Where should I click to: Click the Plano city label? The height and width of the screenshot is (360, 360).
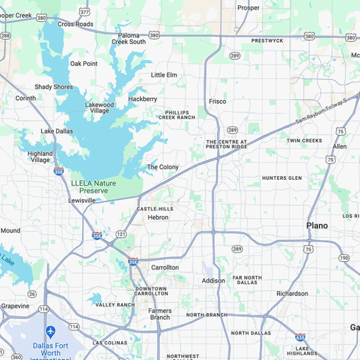[x=317, y=225]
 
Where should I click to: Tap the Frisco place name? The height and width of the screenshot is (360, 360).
[x=217, y=101]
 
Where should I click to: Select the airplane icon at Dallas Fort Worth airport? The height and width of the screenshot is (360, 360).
[x=50, y=332]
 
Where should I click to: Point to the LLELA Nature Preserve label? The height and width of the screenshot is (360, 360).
[x=93, y=187]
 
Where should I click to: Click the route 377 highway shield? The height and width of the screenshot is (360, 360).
[x=85, y=12]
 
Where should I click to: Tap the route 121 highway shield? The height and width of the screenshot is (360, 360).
[x=121, y=234]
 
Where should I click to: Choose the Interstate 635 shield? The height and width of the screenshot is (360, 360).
[x=300, y=338]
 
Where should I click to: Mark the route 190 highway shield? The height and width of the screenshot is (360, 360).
[x=344, y=257]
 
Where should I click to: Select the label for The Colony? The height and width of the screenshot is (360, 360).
[x=162, y=167]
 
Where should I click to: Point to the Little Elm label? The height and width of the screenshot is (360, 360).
[x=164, y=75]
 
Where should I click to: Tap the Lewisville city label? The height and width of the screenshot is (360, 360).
[x=82, y=200]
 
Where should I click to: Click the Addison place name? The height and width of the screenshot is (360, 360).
[x=213, y=281]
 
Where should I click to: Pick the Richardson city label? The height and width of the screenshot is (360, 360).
[x=292, y=293]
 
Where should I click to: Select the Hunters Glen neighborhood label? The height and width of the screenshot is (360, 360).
[x=282, y=178]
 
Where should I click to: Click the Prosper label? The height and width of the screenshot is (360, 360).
[x=248, y=7]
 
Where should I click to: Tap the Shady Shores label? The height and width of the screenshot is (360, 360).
[x=54, y=87]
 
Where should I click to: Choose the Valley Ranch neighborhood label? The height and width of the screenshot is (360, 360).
[x=115, y=305]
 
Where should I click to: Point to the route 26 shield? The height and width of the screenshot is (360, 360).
[x=32, y=294]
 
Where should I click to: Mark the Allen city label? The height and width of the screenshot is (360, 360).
[x=340, y=146]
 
